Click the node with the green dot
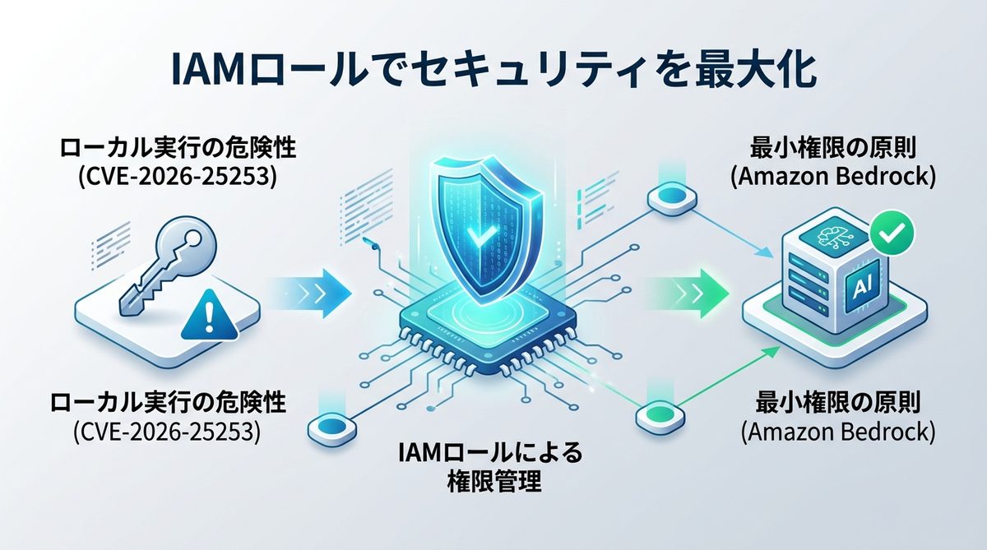[x=660, y=410]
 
